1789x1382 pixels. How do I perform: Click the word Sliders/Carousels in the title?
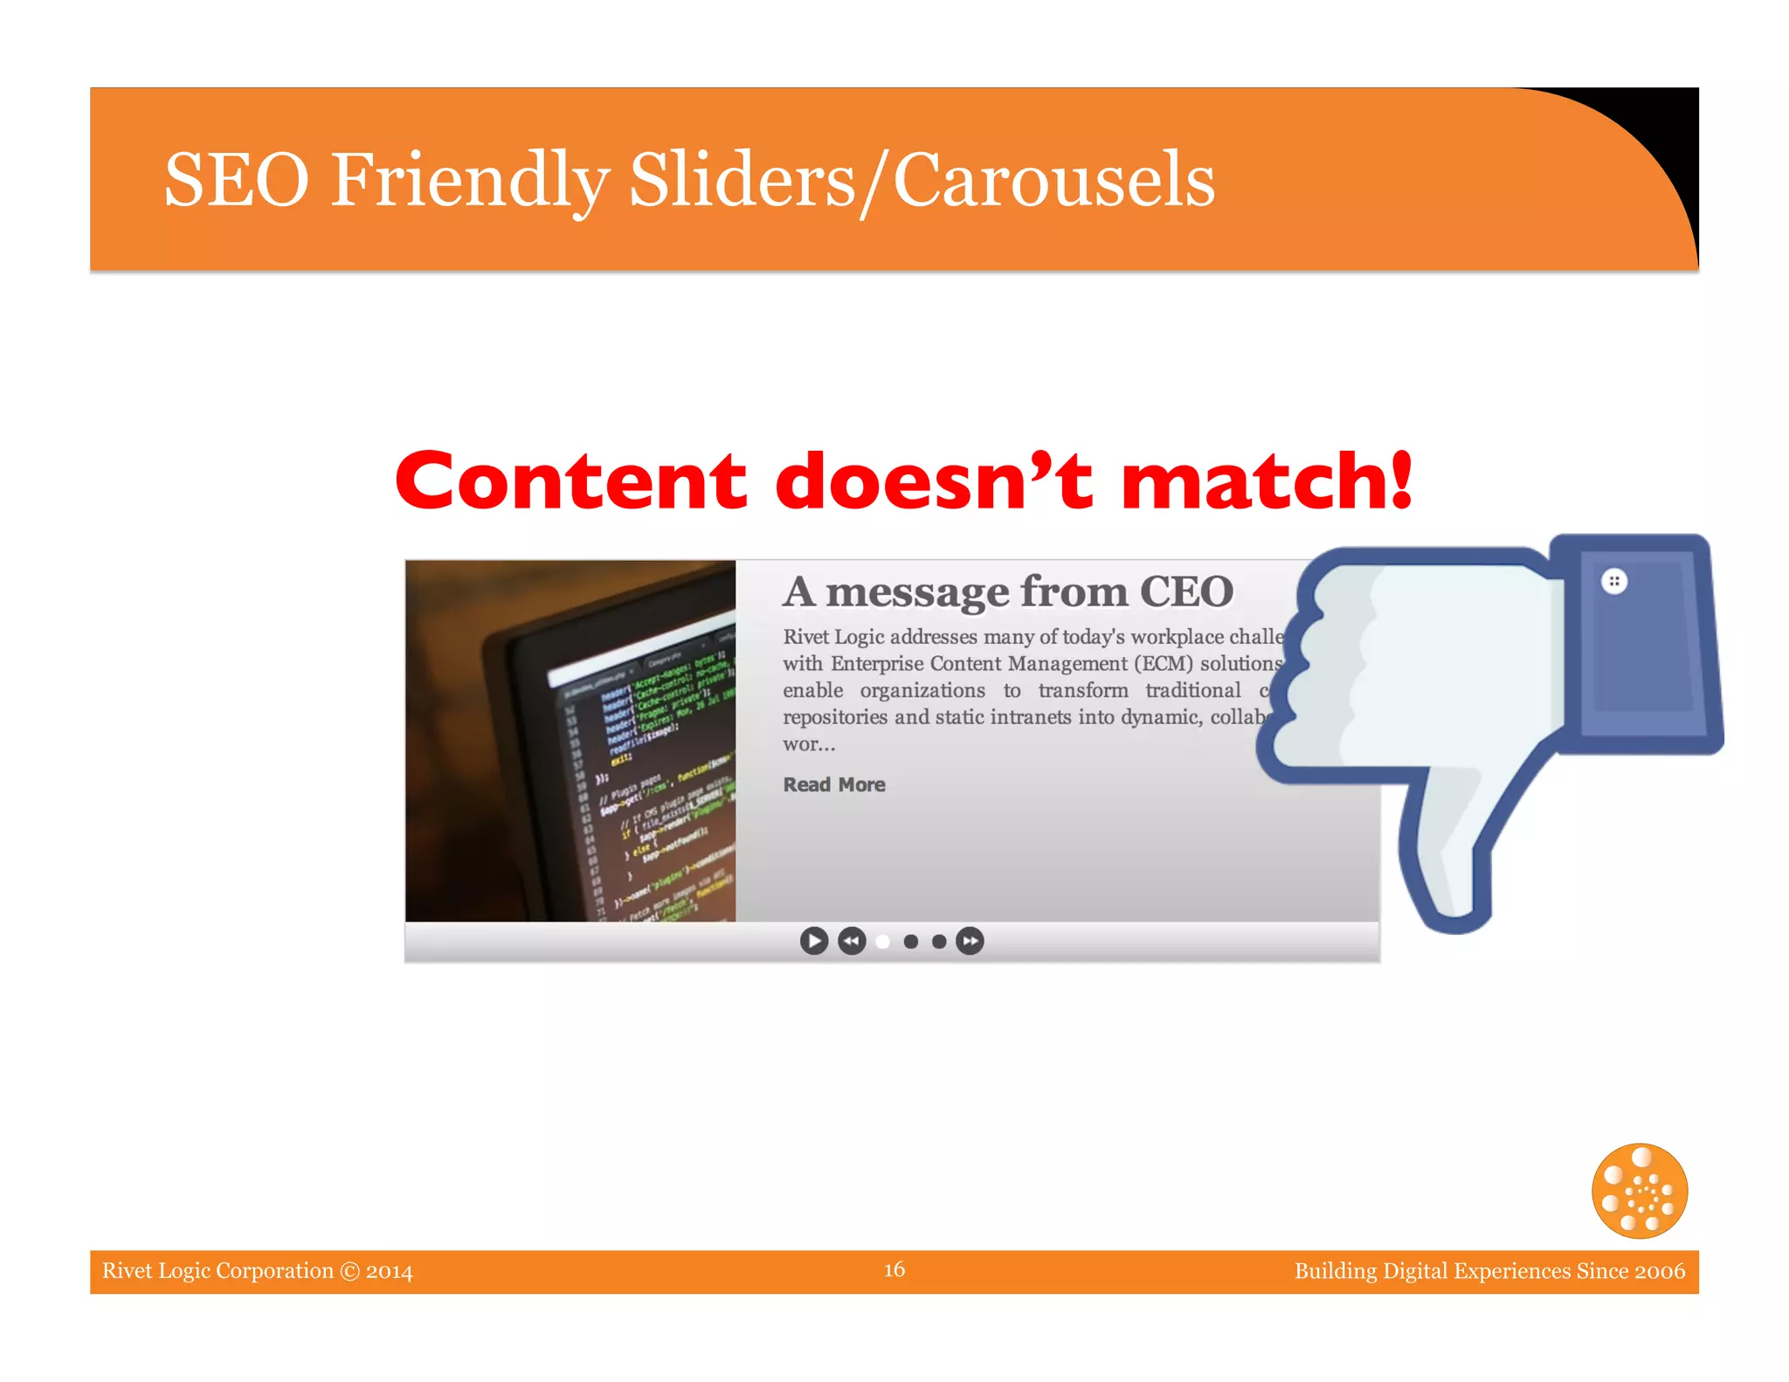pyautogui.click(x=922, y=180)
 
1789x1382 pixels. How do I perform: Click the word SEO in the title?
pyautogui.click(x=237, y=180)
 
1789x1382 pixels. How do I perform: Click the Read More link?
pyautogui.click(x=833, y=784)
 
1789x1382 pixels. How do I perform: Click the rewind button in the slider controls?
pyautogui.click(x=852, y=941)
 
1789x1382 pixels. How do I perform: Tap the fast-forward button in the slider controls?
pyautogui.click(x=970, y=941)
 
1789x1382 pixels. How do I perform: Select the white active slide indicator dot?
pyautogui.click(x=883, y=941)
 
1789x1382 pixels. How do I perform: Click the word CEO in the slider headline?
pyautogui.click(x=1186, y=591)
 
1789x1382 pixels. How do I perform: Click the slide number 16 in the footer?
pyautogui.click(x=894, y=1269)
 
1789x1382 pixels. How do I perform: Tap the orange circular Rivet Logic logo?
pyautogui.click(x=1639, y=1191)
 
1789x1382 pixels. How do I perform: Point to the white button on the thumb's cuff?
pyautogui.click(x=1614, y=581)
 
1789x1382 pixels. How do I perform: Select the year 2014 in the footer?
pyautogui.click(x=389, y=1271)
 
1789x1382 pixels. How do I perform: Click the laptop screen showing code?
pyautogui.click(x=646, y=769)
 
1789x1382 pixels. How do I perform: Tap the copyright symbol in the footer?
pyautogui.click(x=349, y=1271)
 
